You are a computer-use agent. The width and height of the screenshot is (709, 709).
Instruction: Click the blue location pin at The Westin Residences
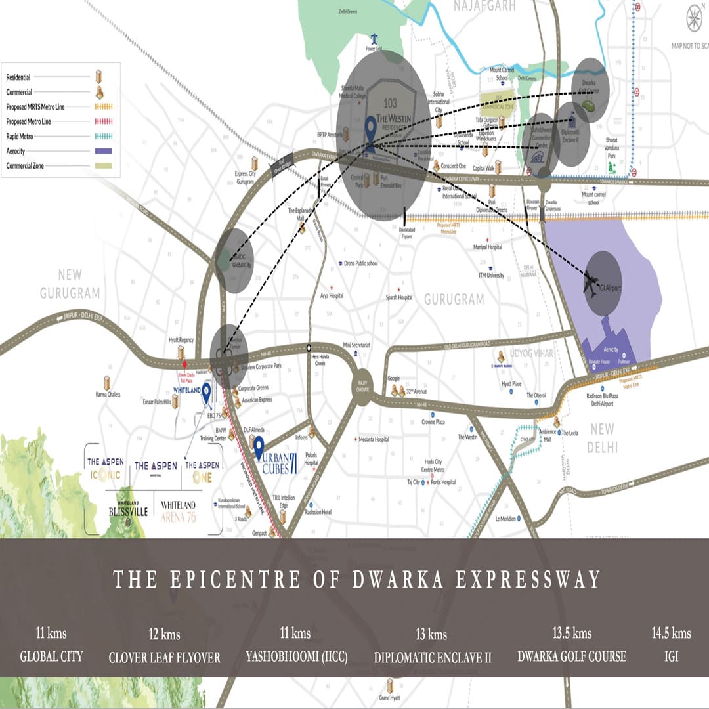tap(370, 129)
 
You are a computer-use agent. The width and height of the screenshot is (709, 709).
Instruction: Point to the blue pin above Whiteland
tap(206, 393)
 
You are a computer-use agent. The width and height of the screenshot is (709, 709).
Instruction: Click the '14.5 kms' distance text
tap(671, 634)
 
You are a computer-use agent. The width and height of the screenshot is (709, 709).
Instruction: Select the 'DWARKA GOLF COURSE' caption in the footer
tap(572, 656)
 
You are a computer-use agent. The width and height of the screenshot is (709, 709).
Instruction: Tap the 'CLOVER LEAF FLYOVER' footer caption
tap(164, 657)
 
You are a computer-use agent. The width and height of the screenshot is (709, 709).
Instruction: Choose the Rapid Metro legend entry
tap(20, 137)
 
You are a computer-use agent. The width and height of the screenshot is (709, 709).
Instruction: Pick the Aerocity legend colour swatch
tap(103, 152)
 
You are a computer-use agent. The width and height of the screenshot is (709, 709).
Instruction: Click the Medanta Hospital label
tap(374, 439)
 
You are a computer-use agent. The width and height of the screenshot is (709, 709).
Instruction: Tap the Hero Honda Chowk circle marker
tap(309, 348)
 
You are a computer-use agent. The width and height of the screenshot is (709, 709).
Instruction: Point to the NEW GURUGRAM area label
tap(70, 284)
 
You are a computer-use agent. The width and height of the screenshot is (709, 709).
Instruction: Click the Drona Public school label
tap(360, 263)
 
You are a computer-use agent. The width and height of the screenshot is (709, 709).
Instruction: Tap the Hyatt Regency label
tap(181, 340)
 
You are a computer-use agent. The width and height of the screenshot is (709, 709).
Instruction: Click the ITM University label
tap(491, 276)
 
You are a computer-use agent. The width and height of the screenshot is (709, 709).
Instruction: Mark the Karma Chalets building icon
tap(106, 383)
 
